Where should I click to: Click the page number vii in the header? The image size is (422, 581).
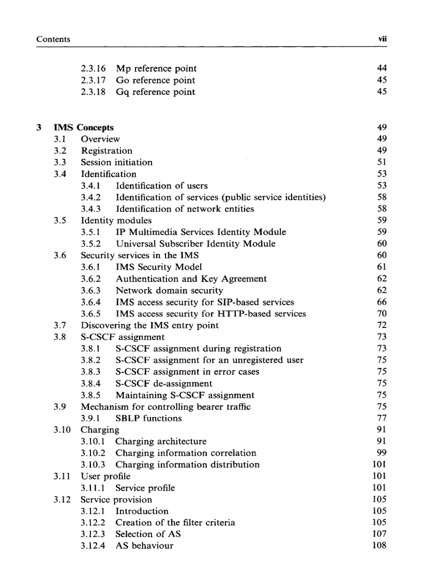point(382,39)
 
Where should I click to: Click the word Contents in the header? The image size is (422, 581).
point(53,39)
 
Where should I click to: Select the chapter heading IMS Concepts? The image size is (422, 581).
point(83,127)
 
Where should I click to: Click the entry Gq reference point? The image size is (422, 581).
point(155,92)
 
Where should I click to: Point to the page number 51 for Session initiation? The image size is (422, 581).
point(382,162)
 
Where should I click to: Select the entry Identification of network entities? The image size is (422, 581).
point(185,209)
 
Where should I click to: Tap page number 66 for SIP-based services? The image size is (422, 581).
point(382,302)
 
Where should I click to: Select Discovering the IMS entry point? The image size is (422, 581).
point(149,325)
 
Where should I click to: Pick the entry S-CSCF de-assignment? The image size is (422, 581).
point(163,384)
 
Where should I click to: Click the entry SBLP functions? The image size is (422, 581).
point(148,418)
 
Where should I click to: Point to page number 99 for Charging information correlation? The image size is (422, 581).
point(382,453)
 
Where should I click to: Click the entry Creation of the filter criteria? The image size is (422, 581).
point(175,523)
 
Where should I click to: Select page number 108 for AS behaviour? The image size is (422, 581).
point(380,545)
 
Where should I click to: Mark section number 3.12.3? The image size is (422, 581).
point(93,534)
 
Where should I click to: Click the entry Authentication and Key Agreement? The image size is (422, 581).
point(191,279)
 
